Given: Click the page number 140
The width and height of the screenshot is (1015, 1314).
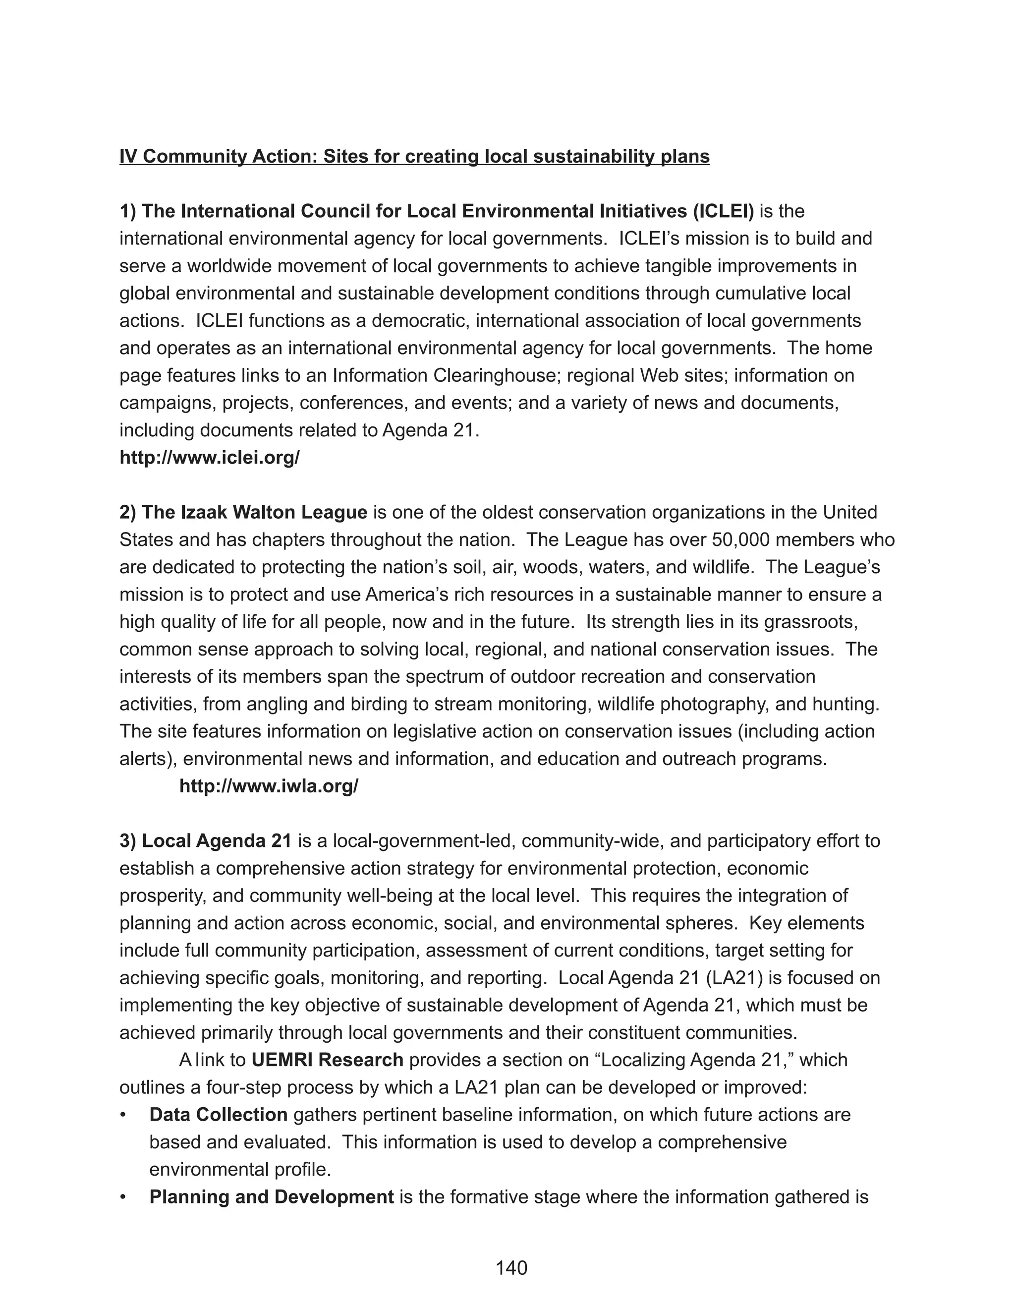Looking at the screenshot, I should pos(511,1268).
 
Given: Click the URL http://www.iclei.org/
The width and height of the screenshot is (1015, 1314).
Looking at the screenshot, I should pos(209,458).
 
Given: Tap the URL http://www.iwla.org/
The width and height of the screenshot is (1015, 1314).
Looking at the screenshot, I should pos(269,786).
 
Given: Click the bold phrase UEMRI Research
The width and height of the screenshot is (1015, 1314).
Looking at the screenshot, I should pos(327,1060).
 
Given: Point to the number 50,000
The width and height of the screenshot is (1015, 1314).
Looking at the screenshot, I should pos(741,539).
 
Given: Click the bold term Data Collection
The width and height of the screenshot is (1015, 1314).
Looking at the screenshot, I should pos(218,1114).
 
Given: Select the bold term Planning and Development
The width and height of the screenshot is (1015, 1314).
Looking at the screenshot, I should pos(271,1196).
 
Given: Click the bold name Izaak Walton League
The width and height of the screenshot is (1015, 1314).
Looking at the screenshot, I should pos(254,513).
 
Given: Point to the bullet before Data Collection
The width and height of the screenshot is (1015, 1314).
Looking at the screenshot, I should pos(123,1115).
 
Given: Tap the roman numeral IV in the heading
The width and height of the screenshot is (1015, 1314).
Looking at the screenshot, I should pos(127,156).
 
